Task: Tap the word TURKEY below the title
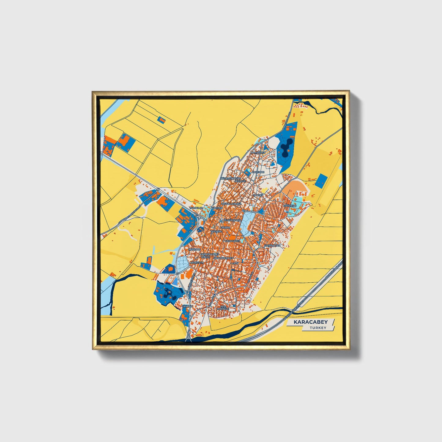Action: click(318, 328)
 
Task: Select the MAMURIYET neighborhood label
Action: click(257, 152)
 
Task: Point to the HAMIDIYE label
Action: click(258, 172)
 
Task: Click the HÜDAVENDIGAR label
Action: click(231, 178)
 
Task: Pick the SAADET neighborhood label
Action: click(258, 195)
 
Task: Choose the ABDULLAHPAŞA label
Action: click(231, 203)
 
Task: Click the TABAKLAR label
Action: click(196, 208)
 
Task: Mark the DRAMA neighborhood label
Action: click(225, 228)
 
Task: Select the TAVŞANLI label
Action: click(216, 232)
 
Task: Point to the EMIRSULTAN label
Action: click(272, 246)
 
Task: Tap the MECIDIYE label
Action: click(194, 250)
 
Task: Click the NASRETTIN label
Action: click(197, 262)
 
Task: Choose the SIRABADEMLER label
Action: click(223, 258)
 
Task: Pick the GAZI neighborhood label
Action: click(235, 263)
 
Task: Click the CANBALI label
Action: click(187, 306)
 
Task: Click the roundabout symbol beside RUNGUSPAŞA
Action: click(221, 221)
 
